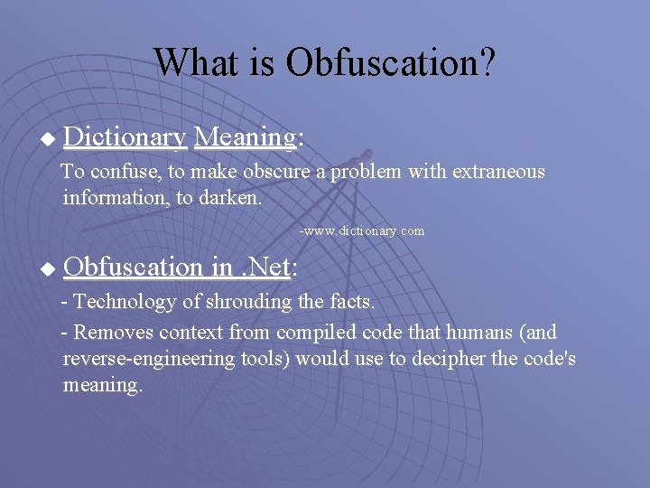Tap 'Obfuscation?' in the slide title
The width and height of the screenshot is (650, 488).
coord(391,62)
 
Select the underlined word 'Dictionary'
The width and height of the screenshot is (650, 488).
coord(125,137)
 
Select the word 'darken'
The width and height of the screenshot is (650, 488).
coord(230,198)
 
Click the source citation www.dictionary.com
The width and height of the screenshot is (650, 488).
coord(363,231)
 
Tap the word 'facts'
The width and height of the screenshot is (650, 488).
coord(348,301)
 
